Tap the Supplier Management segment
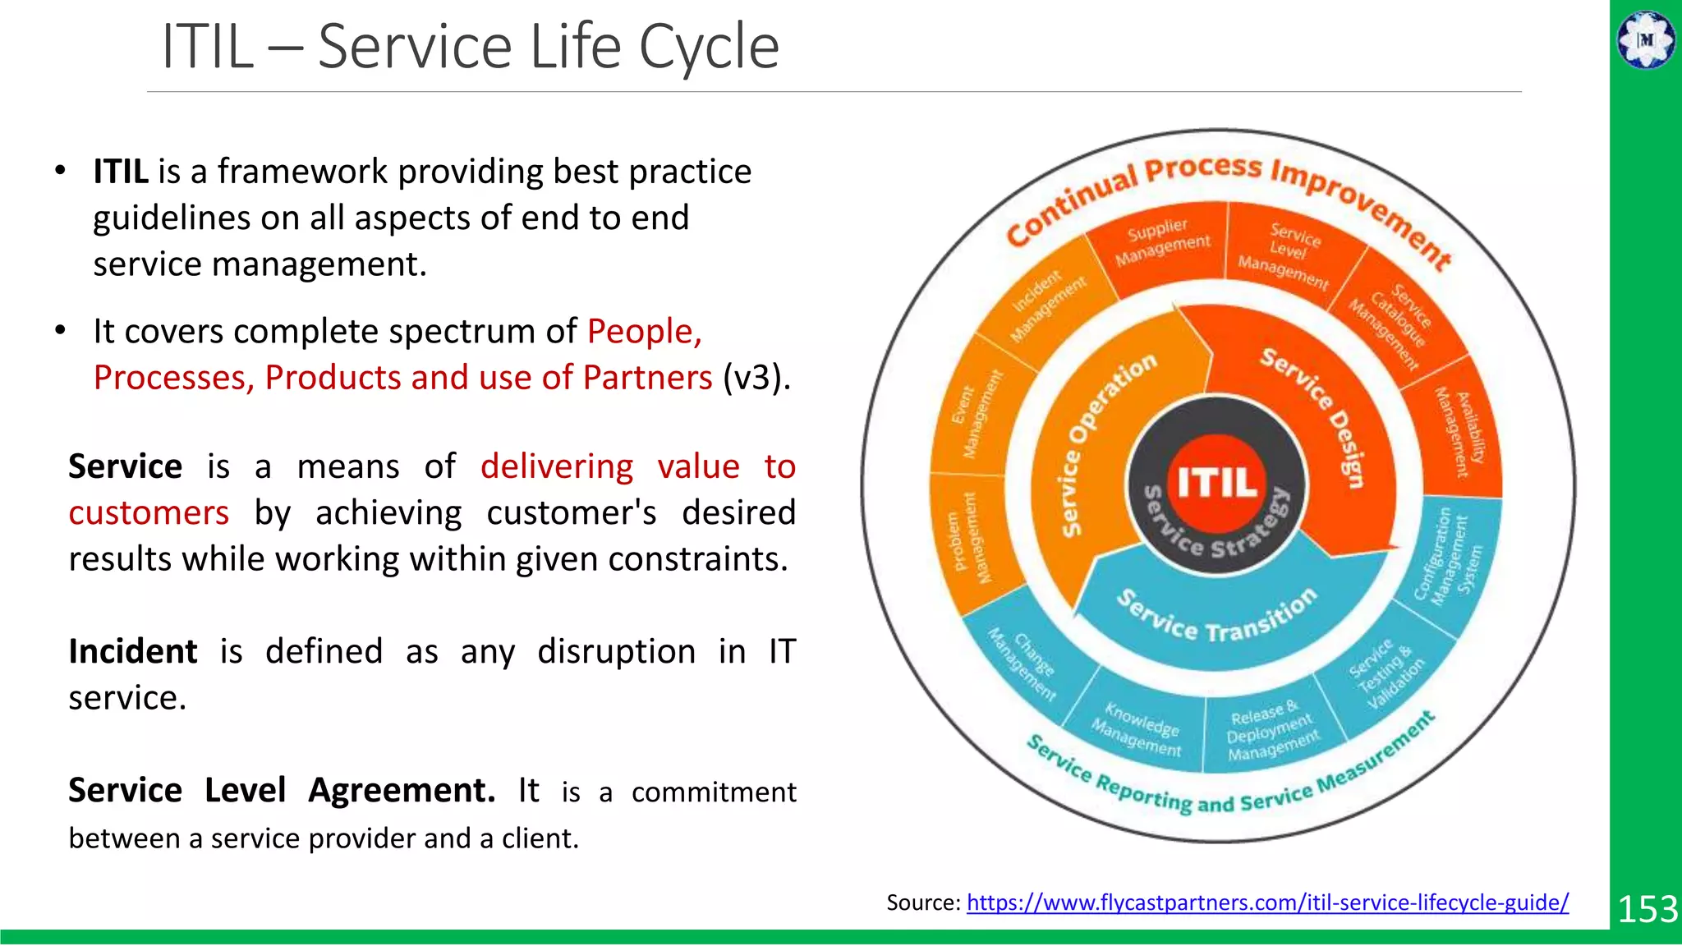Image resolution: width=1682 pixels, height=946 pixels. pyautogui.click(x=1161, y=244)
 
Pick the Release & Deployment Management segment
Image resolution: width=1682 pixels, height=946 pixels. pyautogui.click(x=1271, y=731)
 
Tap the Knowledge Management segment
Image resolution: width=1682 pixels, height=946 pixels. pyautogui.click(x=1138, y=728)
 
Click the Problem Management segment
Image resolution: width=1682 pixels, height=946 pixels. pyautogui.click(x=972, y=539)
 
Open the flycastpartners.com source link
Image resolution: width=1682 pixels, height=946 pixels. pyautogui.click(x=1267, y=902)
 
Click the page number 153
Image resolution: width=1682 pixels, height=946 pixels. pyautogui.click(x=1647, y=909)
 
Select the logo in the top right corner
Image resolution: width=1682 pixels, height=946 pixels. pyautogui.click(x=1645, y=39)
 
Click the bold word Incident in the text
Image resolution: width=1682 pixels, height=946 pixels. pyautogui.click(x=133, y=651)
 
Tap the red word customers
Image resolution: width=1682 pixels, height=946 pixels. pyautogui.click(x=149, y=513)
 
